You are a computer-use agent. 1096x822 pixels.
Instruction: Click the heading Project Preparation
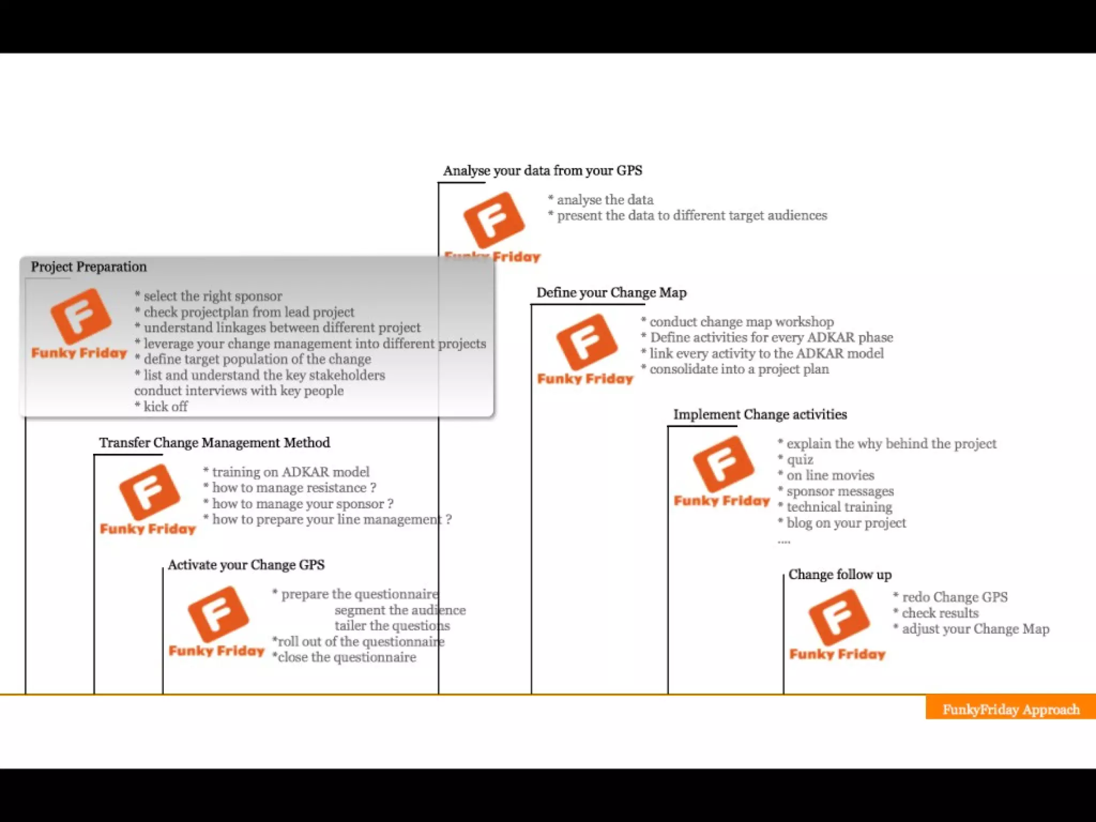[x=88, y=267]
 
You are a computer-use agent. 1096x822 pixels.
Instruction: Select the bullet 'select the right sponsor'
[x=212, y=296]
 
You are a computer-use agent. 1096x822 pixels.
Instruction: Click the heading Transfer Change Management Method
[x=214, y=443]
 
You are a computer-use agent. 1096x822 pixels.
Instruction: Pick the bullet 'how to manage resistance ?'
[x=293, y=488]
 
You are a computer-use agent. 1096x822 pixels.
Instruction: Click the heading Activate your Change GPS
[x=246, y=565]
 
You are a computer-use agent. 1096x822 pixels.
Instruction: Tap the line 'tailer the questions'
[x=392, y=626]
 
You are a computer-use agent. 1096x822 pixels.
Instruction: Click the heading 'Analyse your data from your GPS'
[x=542, y=171]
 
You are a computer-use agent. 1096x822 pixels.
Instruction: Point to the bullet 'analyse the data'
[x=605, y=200]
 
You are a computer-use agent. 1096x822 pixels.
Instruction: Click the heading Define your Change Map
[x=611, y=293]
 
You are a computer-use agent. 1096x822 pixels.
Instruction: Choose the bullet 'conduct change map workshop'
[x=741, y=322]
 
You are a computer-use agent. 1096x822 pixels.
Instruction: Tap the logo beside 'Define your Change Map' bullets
[x=586, y=348]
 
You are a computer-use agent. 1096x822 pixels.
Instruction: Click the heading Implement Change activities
[x=760, y=414]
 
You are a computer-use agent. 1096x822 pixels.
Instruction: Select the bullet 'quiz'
[x=800, y=460]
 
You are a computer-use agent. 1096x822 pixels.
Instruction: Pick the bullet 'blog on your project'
[x=846, y=523]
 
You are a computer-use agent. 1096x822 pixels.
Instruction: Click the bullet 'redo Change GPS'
[x=954, y=597]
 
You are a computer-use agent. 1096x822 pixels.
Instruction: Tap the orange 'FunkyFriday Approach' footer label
[x=1010, y=709]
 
